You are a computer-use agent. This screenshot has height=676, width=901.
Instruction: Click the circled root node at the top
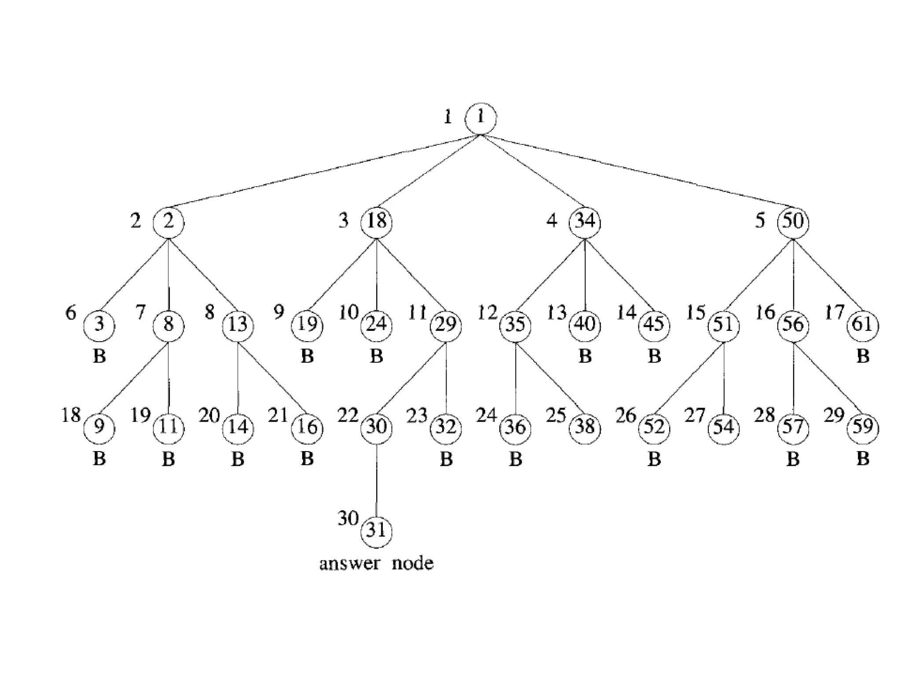pyautogui.click(x=480, y=118)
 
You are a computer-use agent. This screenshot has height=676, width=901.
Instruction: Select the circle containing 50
pyautogui.click(x=793, y=221)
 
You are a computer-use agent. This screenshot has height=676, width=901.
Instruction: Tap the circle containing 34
pyautogui.click(x=585, y=221)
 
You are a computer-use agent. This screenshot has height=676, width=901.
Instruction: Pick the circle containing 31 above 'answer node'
pyautogui.click(x=376, y=531)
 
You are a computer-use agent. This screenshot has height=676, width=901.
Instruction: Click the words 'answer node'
pyautogui.click(x=376, y=564)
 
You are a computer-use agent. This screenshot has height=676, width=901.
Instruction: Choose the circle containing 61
pyautogui.click(x=862, y=325)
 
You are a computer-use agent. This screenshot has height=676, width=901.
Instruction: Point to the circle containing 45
pyautogui.click(x=654, y=325)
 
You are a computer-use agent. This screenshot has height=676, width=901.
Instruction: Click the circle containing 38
pyautogui.click(x=585, y=427)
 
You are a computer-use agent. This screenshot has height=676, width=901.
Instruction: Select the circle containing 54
pyautogui.click(x=724, y=427)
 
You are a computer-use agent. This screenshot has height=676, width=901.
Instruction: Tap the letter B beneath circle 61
pyautogui.click(x=863, y=356)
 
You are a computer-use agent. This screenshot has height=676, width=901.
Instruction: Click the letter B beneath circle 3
pyautogui.click(x=99, y=356)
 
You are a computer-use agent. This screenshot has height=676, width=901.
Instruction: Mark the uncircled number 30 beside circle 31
pyautogui.click(x=348, y=518)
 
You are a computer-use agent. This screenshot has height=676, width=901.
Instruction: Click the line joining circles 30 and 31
pyautogui.click(x=376, y=480)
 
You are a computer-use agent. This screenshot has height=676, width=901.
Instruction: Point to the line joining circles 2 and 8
pyautogui.click(x=169, y=273)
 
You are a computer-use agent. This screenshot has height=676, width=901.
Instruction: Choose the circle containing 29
pyautogui.click(x=446, y=325)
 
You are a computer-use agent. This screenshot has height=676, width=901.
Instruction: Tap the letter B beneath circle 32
pyautogui.click(x=446, y=459)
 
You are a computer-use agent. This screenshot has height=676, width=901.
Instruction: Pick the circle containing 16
pyautogui.click(x=307, y=427)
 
